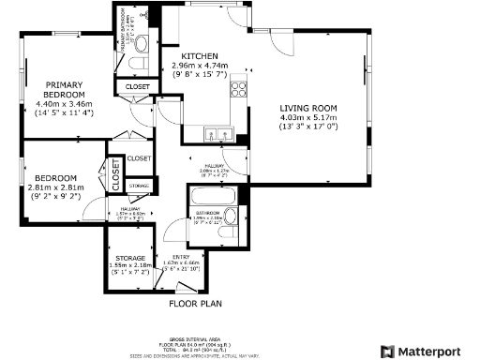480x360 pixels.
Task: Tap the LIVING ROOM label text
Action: point(307,108)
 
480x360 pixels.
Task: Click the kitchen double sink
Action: point(215,132)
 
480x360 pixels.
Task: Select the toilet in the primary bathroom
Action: point(139,64)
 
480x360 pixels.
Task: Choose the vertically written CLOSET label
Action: point(116,170)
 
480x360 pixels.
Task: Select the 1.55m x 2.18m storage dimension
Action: point(130,266)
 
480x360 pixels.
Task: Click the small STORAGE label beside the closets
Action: point(140,187)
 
